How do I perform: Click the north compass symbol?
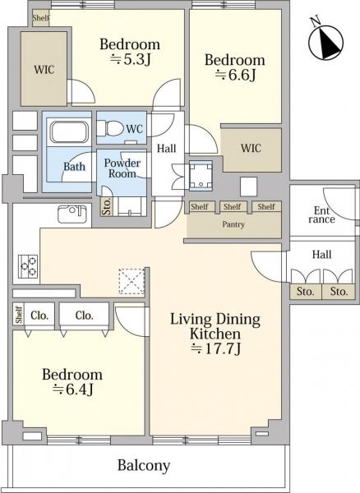325,41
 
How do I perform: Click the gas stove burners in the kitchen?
28,266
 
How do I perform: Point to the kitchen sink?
72,214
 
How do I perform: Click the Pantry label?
233,224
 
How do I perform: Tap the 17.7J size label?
216,348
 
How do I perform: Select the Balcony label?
144,465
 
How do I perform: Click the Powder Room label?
122,168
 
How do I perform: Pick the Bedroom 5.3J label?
130,52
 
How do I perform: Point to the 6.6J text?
235,75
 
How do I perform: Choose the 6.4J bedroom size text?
72,389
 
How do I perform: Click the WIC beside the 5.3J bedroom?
44,70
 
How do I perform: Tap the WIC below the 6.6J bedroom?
251,148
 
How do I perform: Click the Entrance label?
321,215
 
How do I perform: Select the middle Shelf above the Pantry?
233,206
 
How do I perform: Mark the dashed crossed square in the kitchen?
132,281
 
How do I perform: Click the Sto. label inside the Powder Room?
107,206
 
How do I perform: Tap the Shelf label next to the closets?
19,315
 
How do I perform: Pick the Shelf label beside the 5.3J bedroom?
41,17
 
